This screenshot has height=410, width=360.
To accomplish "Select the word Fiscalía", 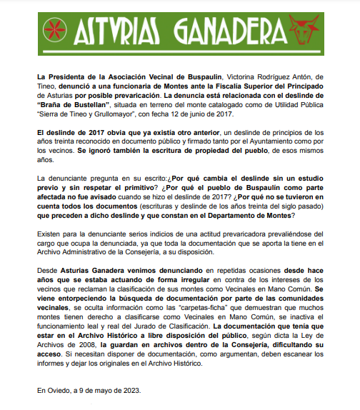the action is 206,85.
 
